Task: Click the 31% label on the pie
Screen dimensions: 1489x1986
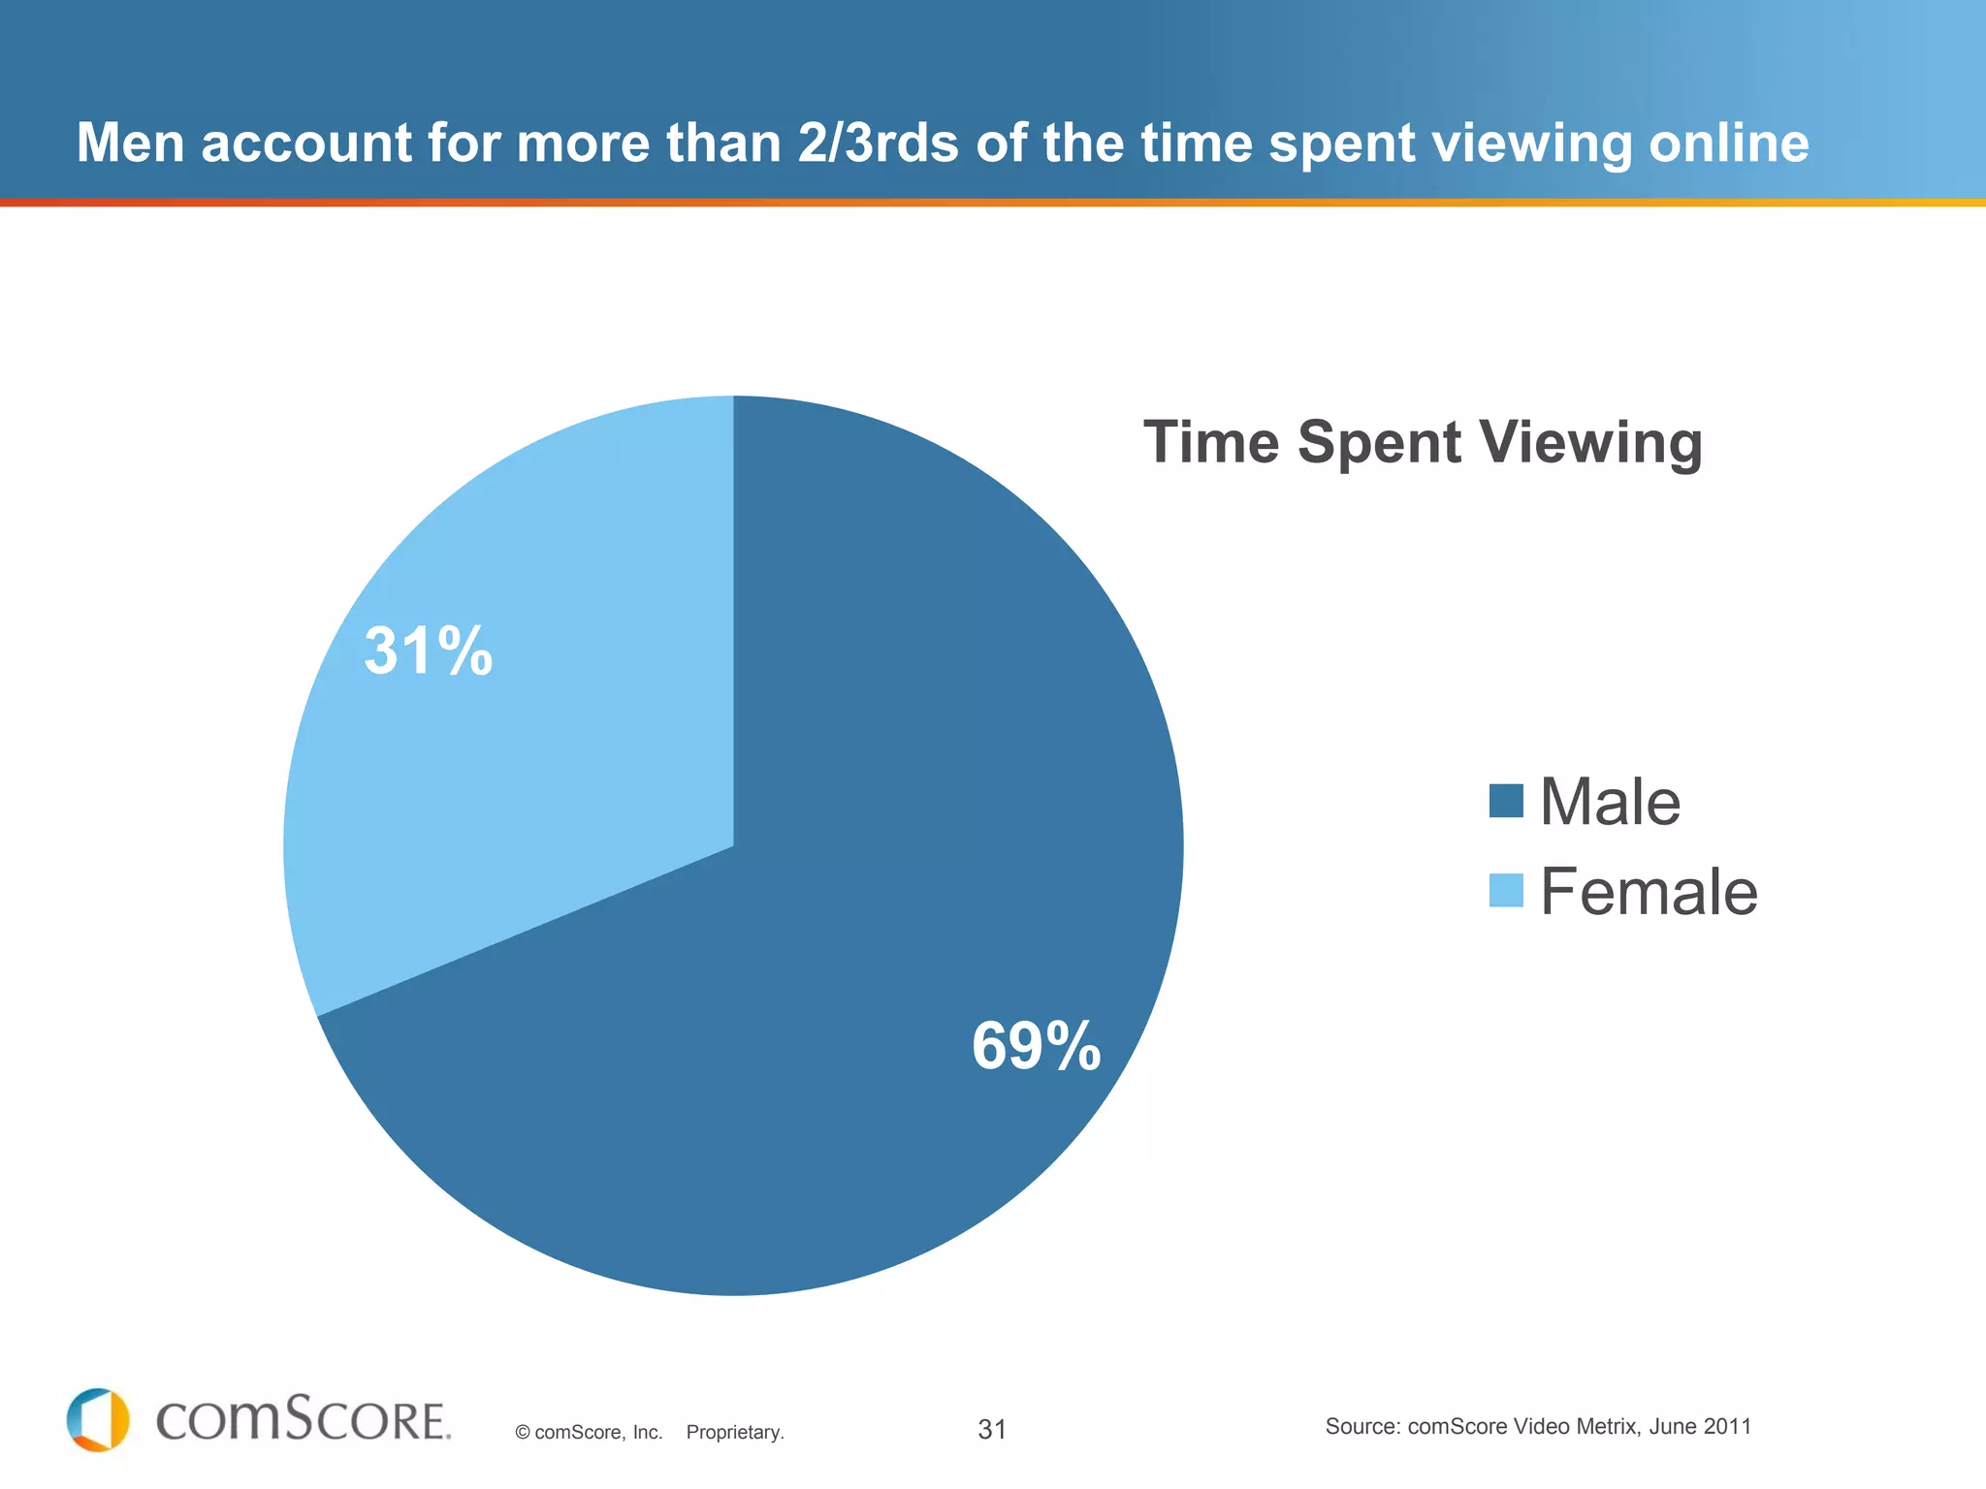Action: click(428, 650)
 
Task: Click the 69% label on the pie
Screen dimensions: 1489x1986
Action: click(1036, 1047)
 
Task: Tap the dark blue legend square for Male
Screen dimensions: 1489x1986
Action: click(1506, 801)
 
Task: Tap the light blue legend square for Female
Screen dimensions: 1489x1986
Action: click(1506, 890)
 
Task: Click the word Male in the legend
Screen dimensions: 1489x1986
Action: click(1610, 803)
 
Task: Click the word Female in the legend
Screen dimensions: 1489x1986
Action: click(1649, 892)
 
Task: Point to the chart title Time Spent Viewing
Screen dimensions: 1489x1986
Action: click(1423, 443)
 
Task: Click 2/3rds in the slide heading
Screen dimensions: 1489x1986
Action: click(879, 143)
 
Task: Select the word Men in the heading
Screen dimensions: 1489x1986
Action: click(130, 143)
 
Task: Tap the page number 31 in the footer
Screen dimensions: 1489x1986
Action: click(992, 1430)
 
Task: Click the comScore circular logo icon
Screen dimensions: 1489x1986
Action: click(98, 1420)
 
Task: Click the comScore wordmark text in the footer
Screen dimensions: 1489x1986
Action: click(303, 1421)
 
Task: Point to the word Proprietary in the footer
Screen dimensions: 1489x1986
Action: click(734, 1433)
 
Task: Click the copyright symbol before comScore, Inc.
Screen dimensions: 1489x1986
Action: click(523, 1433)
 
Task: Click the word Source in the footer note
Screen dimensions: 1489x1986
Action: click(1361, 1427)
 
